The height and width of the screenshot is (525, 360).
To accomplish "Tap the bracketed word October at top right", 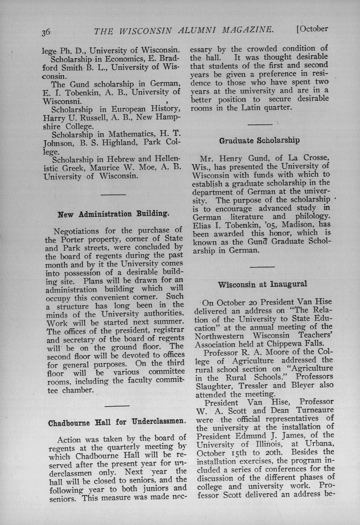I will point(312,29).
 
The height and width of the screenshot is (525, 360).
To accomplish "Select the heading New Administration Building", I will point(113,214).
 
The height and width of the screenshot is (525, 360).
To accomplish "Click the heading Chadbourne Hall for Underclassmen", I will point(117,422).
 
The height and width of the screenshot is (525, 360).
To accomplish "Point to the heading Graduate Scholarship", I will point(259,140).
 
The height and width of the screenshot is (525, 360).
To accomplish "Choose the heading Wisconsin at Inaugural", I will point(263,284).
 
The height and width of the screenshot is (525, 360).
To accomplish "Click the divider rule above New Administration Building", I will point(113,194).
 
